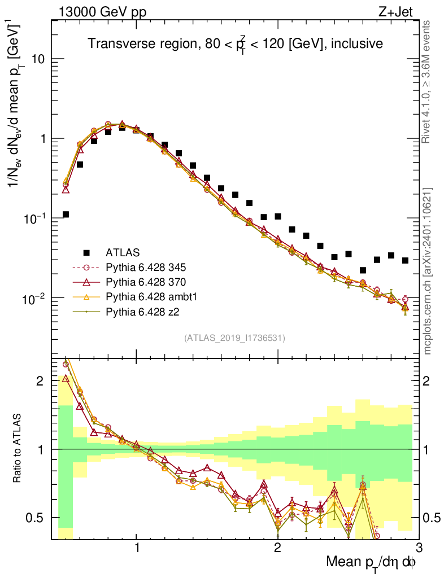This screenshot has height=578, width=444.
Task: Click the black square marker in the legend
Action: point(86,252)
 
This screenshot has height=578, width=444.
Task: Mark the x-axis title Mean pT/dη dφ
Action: point(371,563)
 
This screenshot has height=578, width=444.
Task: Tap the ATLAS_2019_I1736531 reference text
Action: point(234,338)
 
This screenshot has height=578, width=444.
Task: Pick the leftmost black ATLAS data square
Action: point(66,214)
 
